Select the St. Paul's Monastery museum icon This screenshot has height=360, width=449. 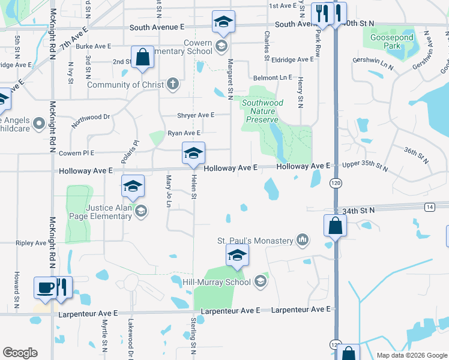point(303,241)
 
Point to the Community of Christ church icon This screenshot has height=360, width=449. point(173,84)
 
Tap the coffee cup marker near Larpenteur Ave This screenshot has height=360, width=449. point(45,287)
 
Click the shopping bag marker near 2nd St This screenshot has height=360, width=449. point(143,58)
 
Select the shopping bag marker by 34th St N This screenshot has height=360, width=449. point(335,226)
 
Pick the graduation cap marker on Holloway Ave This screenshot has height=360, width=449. point(193,154)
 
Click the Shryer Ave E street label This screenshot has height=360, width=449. point(196,115)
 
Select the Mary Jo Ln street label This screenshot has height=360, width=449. point(169,191)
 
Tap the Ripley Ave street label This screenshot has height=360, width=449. point(31,243)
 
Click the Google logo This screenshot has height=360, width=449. point(20,353)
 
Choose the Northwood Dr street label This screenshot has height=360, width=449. point(91,118)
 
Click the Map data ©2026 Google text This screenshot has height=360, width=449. point(411,355)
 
